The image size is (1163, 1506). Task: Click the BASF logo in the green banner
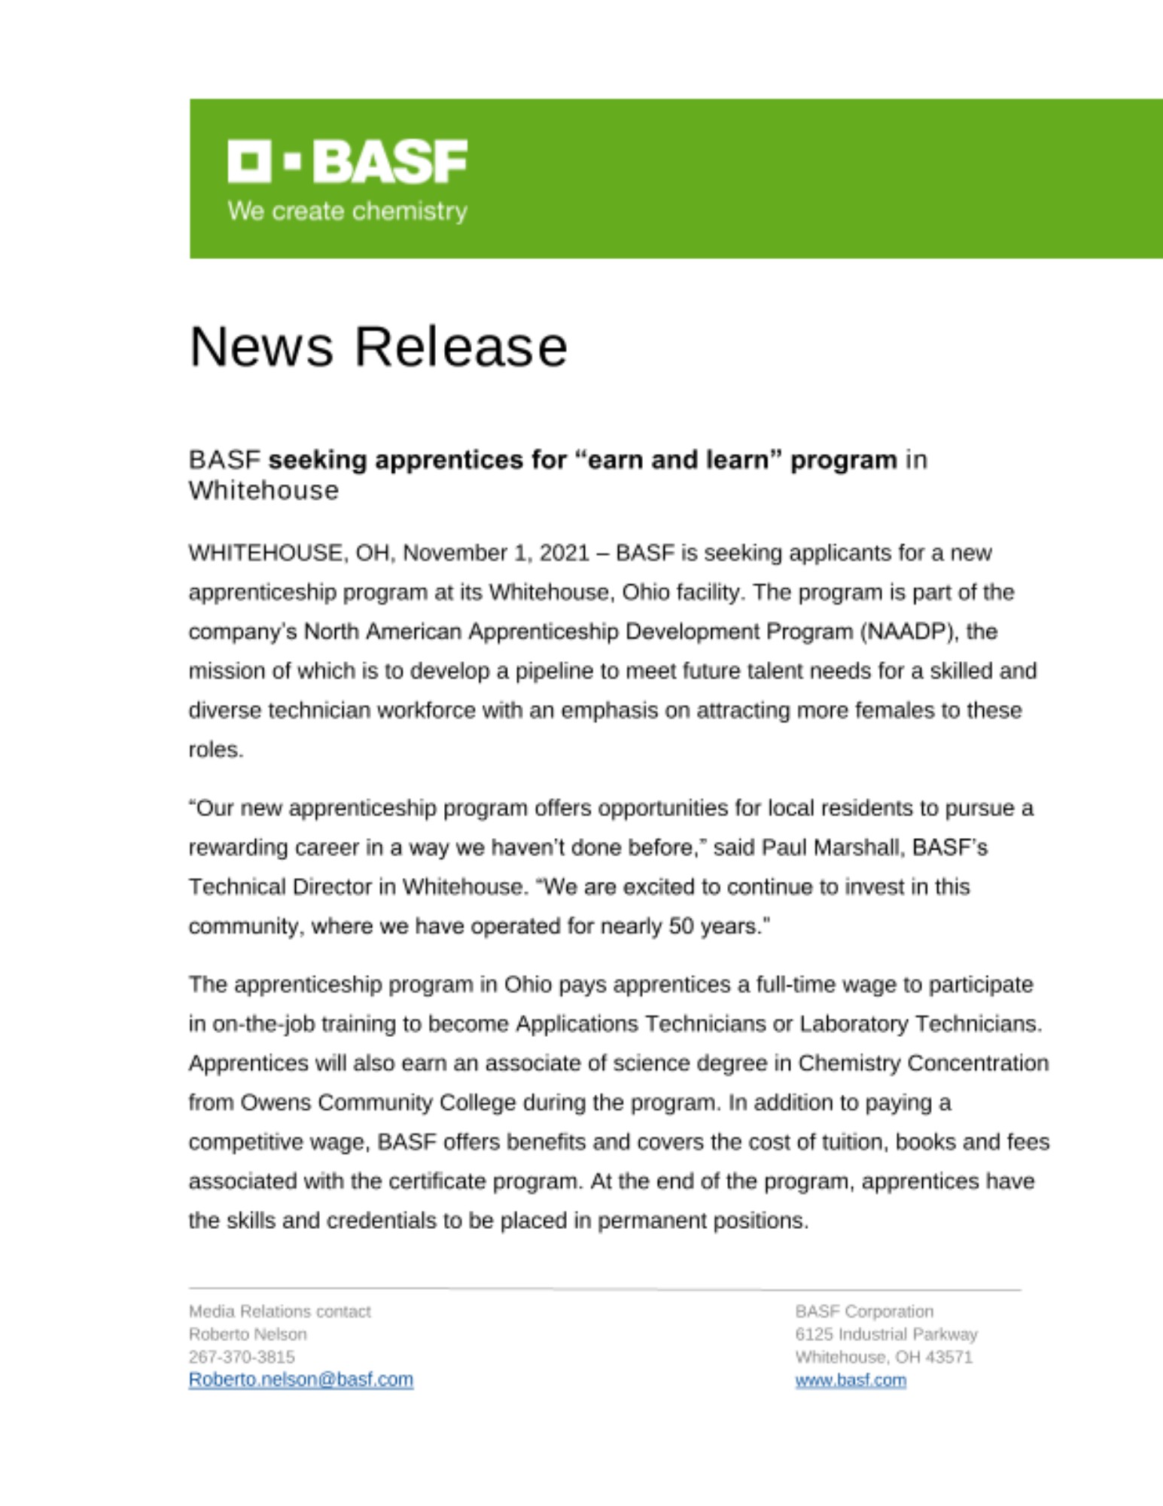347,161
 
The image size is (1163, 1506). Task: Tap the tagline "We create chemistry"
347,211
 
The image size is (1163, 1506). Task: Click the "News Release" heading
378,347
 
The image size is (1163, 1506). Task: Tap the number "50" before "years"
680,926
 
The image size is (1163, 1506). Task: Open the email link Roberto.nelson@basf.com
300,1379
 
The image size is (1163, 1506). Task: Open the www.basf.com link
850,1380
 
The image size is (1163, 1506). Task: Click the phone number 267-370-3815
242,1357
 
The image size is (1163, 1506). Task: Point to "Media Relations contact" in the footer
279,1312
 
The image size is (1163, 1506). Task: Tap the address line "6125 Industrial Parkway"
886,1334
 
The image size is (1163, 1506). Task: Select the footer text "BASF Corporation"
863,1312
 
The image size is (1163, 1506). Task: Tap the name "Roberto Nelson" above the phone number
248,1334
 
